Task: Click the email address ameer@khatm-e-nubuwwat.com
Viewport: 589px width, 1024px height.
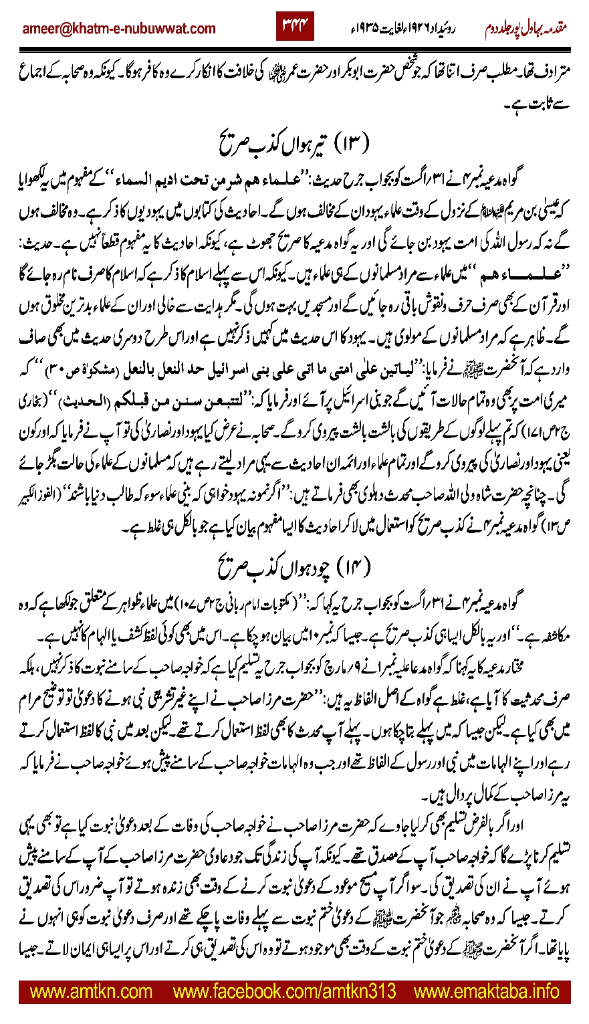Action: (119, 28)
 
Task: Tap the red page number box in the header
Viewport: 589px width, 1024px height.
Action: (295, 27)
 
